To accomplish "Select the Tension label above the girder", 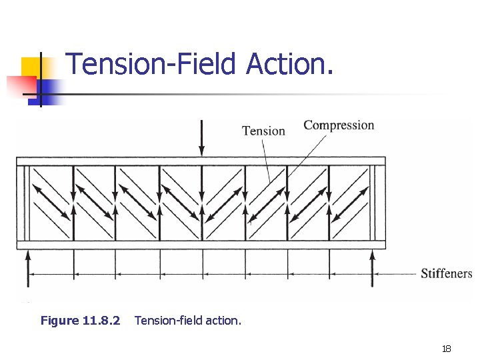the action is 263,131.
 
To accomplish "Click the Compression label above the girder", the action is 339,125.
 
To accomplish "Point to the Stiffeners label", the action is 446,273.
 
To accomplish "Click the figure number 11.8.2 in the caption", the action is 101,321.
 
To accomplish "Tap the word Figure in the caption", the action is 59,321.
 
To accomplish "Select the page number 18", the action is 446,349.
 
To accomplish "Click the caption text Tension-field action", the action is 188,321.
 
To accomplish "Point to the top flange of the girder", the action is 200,161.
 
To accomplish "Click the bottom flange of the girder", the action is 200,245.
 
